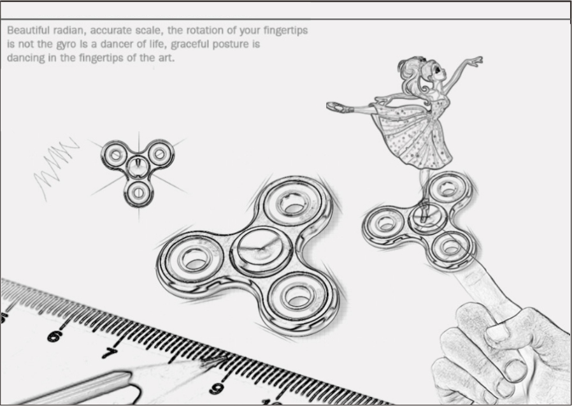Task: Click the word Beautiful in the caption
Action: tap(29, 31)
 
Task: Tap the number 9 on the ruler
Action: tap(217, 389)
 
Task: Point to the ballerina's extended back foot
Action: tap(336, 106)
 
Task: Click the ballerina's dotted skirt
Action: tap(412, 135)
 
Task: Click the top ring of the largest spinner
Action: tap(292, 204)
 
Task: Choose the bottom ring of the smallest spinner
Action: tap(138, 192)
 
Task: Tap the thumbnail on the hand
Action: tap(516, 370)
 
